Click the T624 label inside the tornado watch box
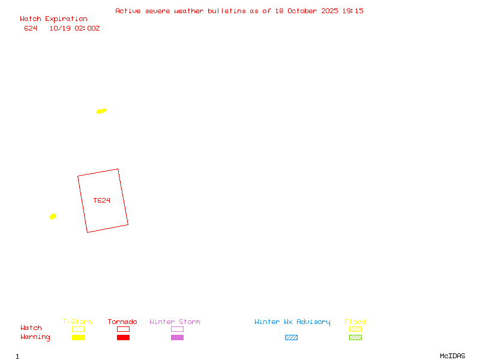(x=102, y=200)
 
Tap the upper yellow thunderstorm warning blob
(x=101, y=111)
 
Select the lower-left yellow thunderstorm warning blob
(x=53, y=216)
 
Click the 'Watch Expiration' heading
(x=53, y=19)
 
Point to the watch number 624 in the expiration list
(x=31, y=28)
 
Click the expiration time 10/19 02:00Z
(x=74, y=28)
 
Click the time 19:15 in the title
(x=353, y=11)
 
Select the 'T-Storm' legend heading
(x=77, y=322)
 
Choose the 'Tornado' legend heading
(x=122, y=322)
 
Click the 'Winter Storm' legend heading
(x=175, y=322)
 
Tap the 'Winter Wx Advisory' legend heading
(x=292, y=322)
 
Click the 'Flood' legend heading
(x=355, y=322)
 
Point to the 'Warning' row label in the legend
(x=35, y=337)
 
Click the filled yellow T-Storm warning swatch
(x=78, y=337)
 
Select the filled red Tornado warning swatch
(x=123, y=337)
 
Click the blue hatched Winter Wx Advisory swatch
(x=291, y=337)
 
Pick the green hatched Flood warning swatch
(x=355, y=337)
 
